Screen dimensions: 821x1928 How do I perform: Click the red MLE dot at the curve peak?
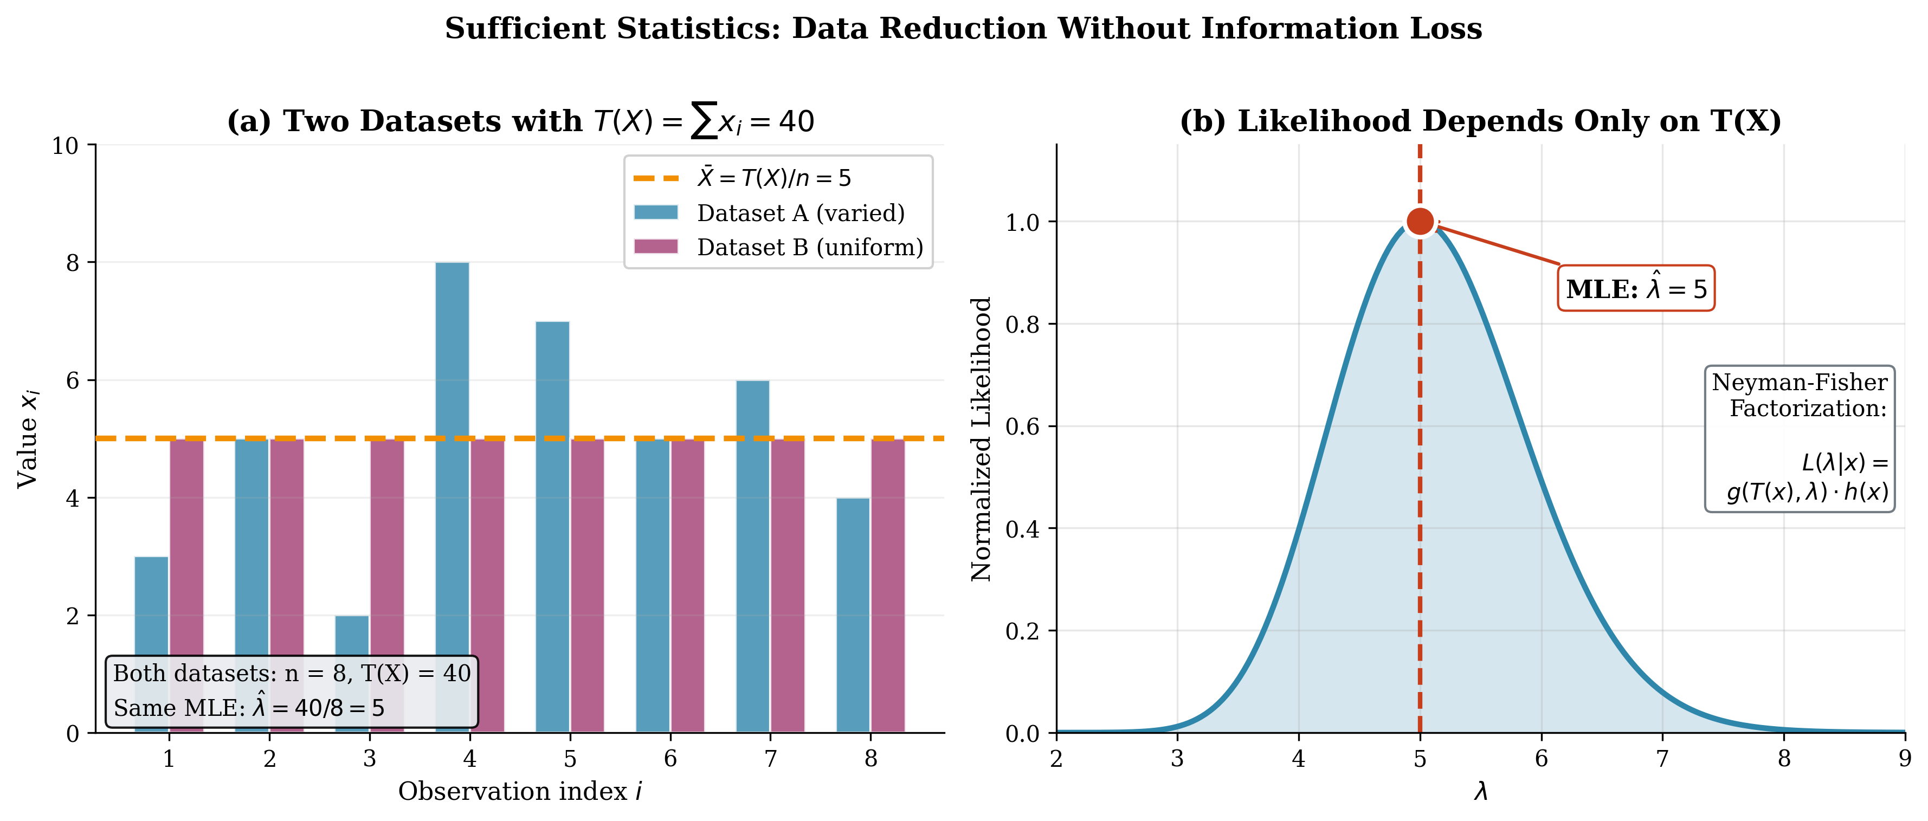[x=1420, y=222]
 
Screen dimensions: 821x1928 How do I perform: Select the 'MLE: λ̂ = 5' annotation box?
[x=1636, y=288]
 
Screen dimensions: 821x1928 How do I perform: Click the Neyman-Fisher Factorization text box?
[x=1799, y=438]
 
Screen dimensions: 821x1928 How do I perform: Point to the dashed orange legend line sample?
[x=656, y=178]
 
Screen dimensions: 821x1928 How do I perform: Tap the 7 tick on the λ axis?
[x=1662, y=759]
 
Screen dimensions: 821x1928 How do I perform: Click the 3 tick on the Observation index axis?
[x=369, y=759]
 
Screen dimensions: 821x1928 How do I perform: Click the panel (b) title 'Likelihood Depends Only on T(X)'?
[x=1480, y=121]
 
